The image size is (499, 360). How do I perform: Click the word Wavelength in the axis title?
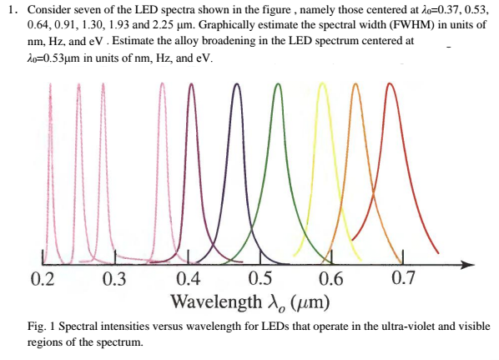pos(212,300)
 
